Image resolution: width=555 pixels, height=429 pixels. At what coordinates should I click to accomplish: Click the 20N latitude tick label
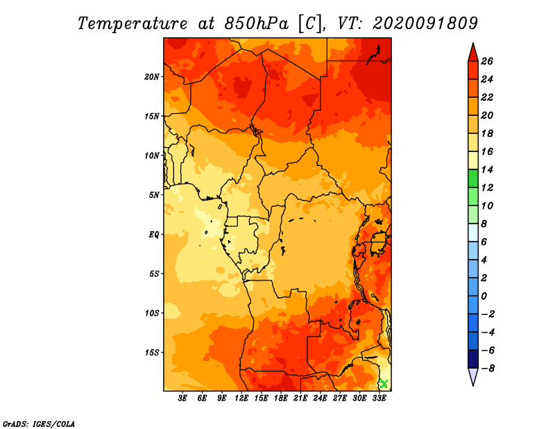coord(152,77)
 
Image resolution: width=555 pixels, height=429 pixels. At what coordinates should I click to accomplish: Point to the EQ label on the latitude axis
coord(153,235)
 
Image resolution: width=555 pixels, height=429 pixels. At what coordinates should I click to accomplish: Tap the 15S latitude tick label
coord(152,353)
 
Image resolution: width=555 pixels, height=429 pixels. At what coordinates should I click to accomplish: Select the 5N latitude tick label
coord(154,195)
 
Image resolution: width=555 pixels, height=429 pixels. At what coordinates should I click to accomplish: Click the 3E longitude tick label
coord(182,398)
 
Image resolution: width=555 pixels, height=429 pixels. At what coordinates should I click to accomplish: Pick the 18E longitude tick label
coord(281,398)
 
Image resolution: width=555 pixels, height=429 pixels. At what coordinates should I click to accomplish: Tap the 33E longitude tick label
coord(379,398)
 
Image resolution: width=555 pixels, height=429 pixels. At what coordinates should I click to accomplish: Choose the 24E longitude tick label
coord(320,398)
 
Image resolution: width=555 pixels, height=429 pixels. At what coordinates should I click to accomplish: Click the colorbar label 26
coord(487,61)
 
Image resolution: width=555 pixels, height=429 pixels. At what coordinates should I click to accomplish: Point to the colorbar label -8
coord(488,369)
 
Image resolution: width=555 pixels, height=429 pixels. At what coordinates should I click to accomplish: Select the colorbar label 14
coord(487,169)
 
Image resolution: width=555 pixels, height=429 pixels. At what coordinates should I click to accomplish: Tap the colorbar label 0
coord(484,296)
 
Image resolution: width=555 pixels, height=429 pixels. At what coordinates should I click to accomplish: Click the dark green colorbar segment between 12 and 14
coord(473,178)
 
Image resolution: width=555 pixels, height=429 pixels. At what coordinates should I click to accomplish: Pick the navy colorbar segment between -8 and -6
coord(473,359)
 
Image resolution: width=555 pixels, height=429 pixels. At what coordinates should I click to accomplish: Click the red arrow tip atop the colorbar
coord(473,44)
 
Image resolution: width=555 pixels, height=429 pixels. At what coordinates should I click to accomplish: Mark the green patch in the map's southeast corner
coord(384,384)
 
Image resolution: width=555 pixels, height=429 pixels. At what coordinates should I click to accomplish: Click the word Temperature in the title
coord(133,24)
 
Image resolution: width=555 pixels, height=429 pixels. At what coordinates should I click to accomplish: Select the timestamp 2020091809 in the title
coord(425,23)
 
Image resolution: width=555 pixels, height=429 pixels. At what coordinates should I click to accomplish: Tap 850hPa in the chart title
coord(256,23)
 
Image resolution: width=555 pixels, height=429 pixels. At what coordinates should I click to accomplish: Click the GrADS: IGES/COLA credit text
coord(39,423)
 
